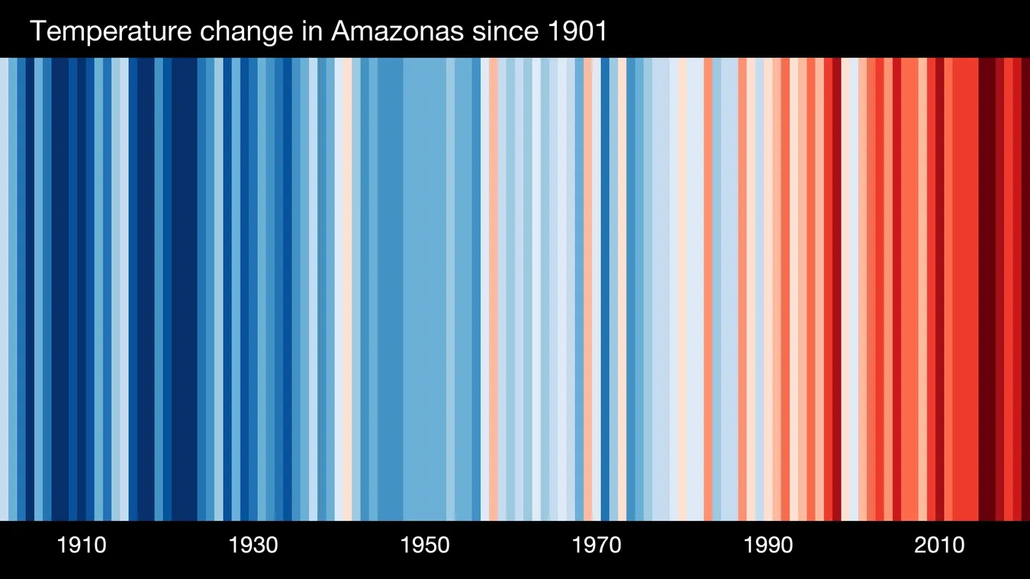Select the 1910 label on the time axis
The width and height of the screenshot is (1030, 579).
pyautogui.click(x=82, y=545)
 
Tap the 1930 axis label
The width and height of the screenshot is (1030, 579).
pyautogui.click(x=253, y=545)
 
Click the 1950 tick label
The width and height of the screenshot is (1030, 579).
pyautogui.click(x=425, y=545)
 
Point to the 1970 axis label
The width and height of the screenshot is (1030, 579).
pyautogui.click(x=597, y=545)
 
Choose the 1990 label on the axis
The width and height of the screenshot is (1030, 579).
pyautogui.click(x=768, y=545)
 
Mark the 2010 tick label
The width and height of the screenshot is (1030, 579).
pyautogui.click(x=940, y=545)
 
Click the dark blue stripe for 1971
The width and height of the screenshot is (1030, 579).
pyautogui.click(x=605, y=290)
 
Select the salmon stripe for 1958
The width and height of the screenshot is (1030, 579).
pyautogui.click(x=494, y=290)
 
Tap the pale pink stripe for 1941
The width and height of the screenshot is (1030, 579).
pyautogui.click(x=348, y=290)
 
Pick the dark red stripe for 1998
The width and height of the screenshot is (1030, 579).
pyautogui.click(x=837, y=290)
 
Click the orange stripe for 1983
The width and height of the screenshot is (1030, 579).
pyautogui.click(x=708, y=290)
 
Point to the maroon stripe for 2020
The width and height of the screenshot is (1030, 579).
pyautogui.click(x=1025, y=290)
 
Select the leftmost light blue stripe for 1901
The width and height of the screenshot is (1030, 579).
pyautogui.click(x=4, y=290)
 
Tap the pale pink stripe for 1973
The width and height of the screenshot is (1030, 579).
pyautogui.click(x=623, y=290)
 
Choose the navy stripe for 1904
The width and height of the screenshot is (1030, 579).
pyautogui.click(x=30, y=290)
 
